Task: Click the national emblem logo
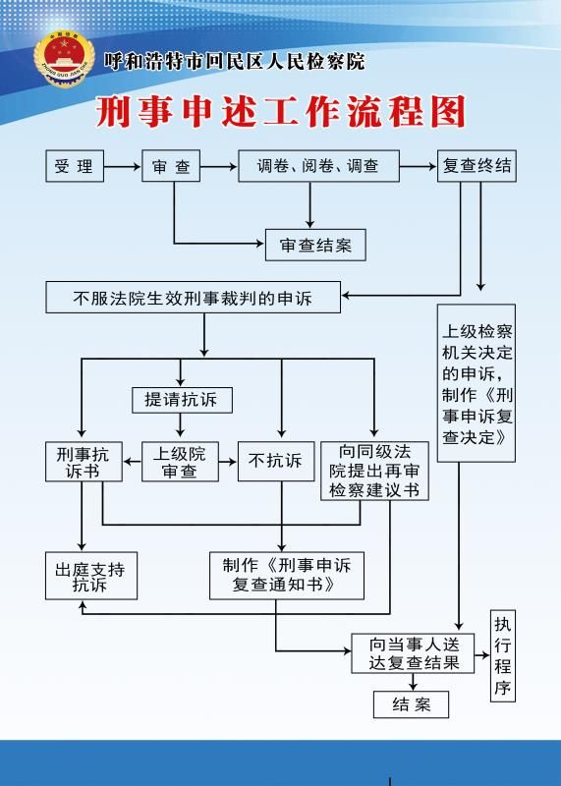[x=64, y=59]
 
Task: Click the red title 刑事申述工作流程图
[x=281, y=111]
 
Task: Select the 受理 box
[x=75, y=166]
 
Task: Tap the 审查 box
[x=171, y=166]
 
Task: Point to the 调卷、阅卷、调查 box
[x=319, y=166]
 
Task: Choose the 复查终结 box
[x=477, y=166]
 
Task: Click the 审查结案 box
[x=315, y=245]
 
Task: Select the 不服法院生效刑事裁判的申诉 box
[x=193, y=298]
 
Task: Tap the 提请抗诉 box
[x=182, y=400]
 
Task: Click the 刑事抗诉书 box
[x=84, y=462]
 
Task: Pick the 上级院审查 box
[x=180, y=462]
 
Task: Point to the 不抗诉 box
[x=276, y=462]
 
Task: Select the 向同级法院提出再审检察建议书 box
[x=374, y=472]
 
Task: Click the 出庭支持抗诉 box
[x=91, y=576]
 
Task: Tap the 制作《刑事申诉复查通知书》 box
[x=287, y=576]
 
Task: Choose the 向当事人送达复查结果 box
[x=413, y=653]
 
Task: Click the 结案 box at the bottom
[x=411, y=704]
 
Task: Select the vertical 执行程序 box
[x=503, y=655]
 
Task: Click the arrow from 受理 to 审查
[x=123, y=166]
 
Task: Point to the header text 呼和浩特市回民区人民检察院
[x=235, y=62]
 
